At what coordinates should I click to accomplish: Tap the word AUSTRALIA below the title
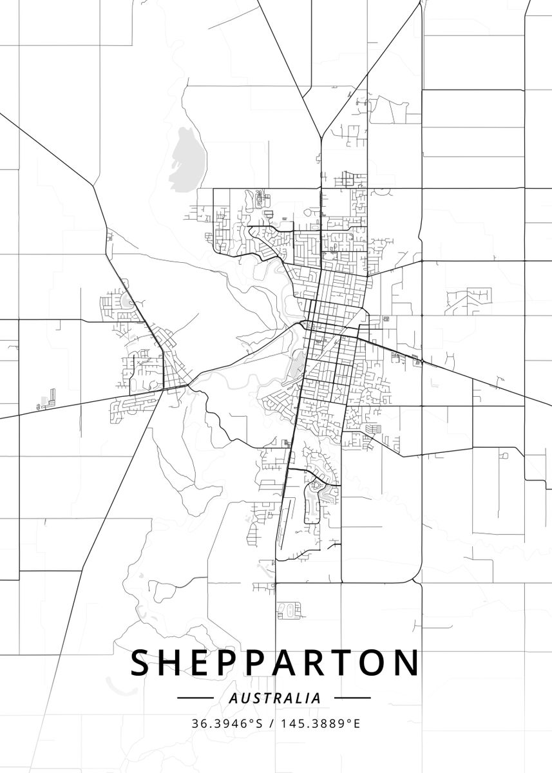pos(275,698)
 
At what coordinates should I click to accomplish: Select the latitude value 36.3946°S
pos(227,723)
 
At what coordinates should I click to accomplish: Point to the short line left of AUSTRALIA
pos(195,698)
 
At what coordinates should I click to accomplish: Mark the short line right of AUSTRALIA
pos(352,698)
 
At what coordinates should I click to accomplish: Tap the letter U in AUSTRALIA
pos(243,698)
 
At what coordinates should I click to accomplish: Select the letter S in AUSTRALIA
pos(254,698)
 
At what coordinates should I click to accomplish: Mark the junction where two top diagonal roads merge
pos(320,138)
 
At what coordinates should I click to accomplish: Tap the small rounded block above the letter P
pos(289,609)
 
